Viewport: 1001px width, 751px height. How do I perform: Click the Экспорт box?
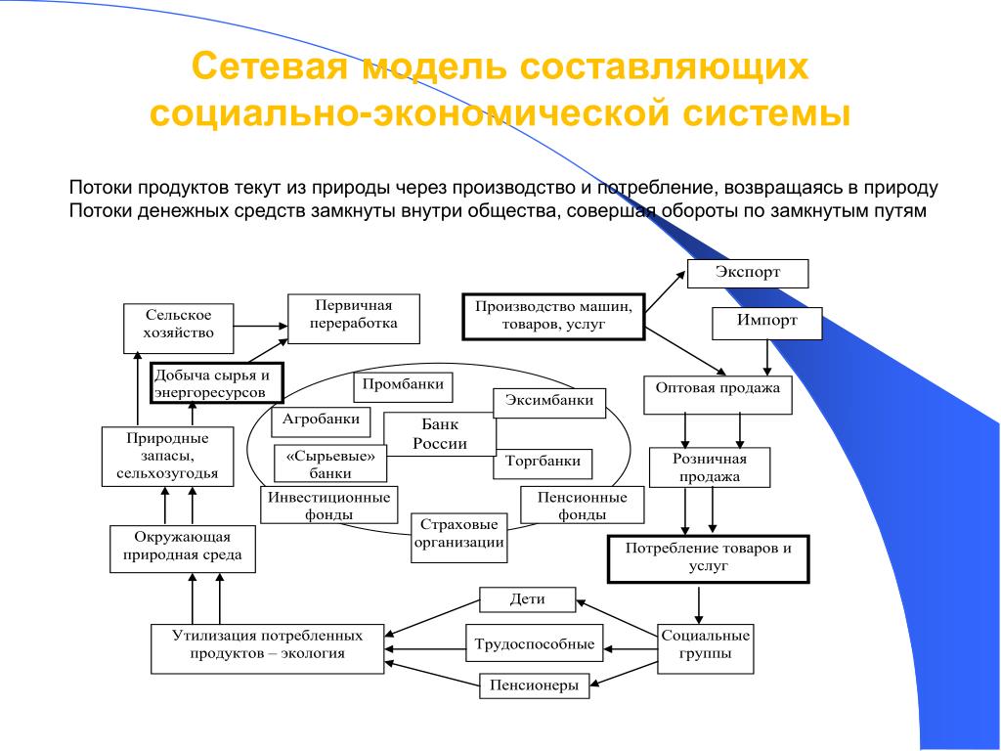[x=748, y=274]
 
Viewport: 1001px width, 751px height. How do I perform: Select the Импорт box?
[x=766, y=323]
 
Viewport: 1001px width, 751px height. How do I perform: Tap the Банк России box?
[x=439, y=434]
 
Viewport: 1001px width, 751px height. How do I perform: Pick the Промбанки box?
[x=403, y=387]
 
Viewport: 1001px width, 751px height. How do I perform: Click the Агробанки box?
[x=321, y=421]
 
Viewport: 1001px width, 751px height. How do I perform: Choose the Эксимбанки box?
[x=549, y=403]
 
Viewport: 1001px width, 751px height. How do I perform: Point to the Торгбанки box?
[x=543, y=464]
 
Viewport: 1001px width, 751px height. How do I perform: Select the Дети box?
[x=527, y=599]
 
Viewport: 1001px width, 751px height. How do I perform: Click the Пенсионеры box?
[x=534, y=685]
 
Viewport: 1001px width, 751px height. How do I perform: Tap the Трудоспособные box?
[x=535, y=644]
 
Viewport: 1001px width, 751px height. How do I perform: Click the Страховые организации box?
[x=459, y=538]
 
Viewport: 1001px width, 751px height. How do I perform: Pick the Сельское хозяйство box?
[x=178, y=329]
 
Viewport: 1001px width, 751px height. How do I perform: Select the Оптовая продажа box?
[x=718, y=395]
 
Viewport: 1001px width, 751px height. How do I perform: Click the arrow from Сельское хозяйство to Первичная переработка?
[x=261, y=326]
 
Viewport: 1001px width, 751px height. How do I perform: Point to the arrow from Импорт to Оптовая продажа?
[x=767, y=358]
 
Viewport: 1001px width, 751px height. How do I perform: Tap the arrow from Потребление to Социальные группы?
[x=699, y=605]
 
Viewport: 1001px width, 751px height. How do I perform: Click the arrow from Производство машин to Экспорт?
[x=665, y=291]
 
